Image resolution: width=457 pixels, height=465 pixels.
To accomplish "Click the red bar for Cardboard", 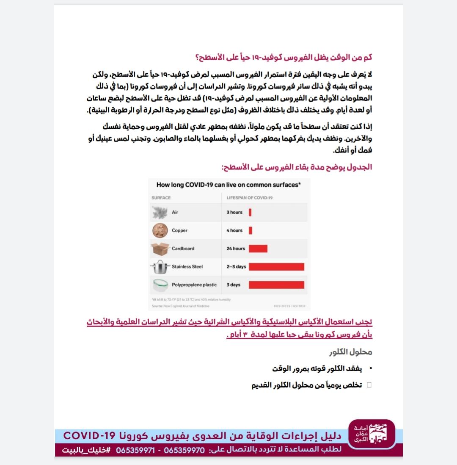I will click(x=258, y=249).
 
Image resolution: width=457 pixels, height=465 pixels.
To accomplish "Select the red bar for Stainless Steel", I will click(x=276, y=267).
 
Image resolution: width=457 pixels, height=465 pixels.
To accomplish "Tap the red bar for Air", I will click(x=250, y=212).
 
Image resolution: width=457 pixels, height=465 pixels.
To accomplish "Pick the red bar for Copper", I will click(x=251, y=230).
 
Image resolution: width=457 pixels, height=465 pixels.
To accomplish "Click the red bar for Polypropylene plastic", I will click(x=276, y=285).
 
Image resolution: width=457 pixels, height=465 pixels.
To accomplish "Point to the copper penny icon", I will click(x=160, y=230).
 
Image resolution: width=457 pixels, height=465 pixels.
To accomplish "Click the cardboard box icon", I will click(x=160, y=249).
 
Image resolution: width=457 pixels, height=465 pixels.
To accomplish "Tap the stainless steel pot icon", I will click(x=160, y=267).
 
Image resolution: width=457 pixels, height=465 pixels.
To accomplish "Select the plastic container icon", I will click(x=160, y=285).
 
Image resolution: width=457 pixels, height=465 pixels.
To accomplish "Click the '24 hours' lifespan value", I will click(x=236, y=249).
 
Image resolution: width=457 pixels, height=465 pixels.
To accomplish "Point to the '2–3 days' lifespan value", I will click(x=236, y=267).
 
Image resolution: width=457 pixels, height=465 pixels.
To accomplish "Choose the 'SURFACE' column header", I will click(x=161, y=198).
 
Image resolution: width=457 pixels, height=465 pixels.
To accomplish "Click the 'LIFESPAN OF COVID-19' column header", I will click(x=250, y=198).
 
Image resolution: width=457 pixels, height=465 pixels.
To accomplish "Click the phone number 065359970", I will click(x=184, y=450).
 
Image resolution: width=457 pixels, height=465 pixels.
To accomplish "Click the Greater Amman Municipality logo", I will click(x=371, y=434).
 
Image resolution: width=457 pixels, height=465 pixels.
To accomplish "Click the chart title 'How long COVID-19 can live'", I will click(x=228, y=185).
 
